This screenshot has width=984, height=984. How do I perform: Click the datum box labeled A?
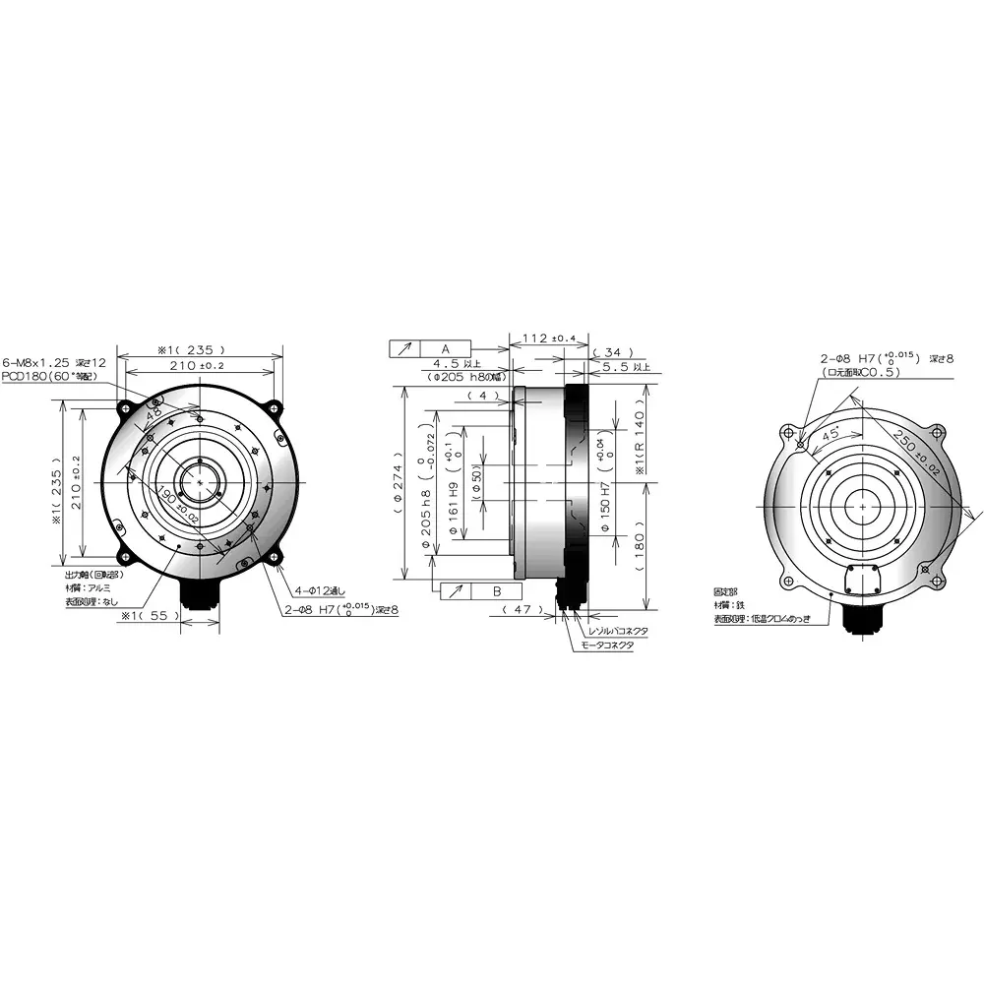445,349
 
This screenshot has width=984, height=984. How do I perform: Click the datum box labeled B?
496,590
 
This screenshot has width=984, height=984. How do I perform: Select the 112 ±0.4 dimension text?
549,338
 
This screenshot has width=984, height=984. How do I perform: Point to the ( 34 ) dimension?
613,351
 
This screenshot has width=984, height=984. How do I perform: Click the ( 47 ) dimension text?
523,610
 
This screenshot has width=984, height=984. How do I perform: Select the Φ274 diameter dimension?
400,482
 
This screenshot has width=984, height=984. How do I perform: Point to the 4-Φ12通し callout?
320,591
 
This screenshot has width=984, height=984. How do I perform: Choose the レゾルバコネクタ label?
618,631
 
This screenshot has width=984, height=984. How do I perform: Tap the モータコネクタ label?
607,646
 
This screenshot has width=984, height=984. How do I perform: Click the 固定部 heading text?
726,592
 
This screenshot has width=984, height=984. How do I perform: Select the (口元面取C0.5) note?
867,374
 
